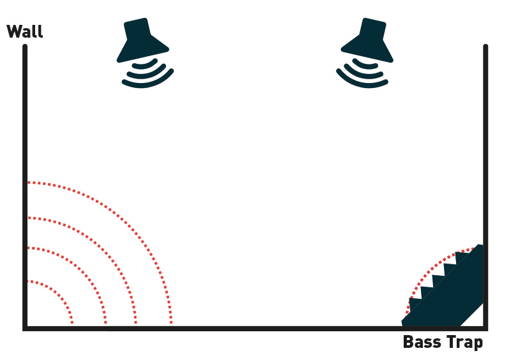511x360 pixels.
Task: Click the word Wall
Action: click(x=25, y=32)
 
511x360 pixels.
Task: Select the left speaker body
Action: click(x=142, y=40)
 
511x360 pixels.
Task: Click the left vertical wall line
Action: click(x=25, y=186)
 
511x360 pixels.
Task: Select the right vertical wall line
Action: click(x=485, y=186)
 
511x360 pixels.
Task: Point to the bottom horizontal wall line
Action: click(x=255, y=328)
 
